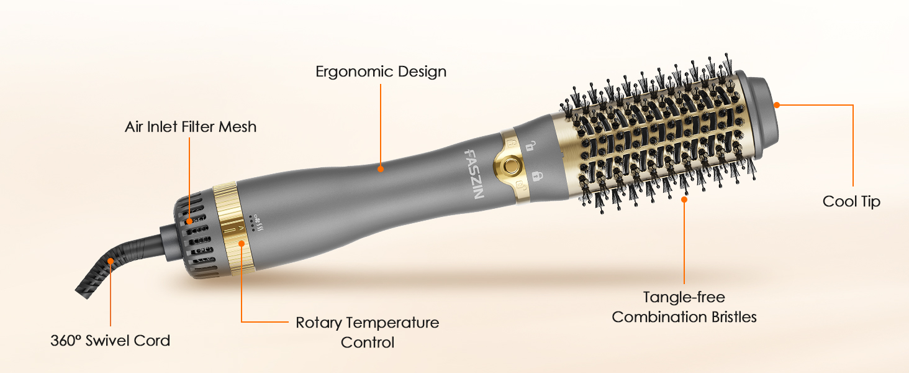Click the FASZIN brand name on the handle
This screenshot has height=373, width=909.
(x=473, y=173)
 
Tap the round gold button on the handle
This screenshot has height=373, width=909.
(x=510, y=165)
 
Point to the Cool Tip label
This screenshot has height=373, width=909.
(x=851, y=201)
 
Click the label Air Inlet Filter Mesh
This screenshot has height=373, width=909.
(x=191, y=127)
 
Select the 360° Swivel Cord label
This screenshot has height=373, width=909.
(x=110, y=341)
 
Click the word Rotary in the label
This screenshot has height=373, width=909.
(x=318, y=323)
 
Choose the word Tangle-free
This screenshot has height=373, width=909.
(x=684, y=297)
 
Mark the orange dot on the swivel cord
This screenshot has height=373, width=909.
(x=111, y=261)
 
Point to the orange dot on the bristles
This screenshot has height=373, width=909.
(x=684, y=199)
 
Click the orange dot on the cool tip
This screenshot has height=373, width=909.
(x=776, y=104)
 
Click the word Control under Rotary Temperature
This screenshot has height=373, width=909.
(x=368, y=343)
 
